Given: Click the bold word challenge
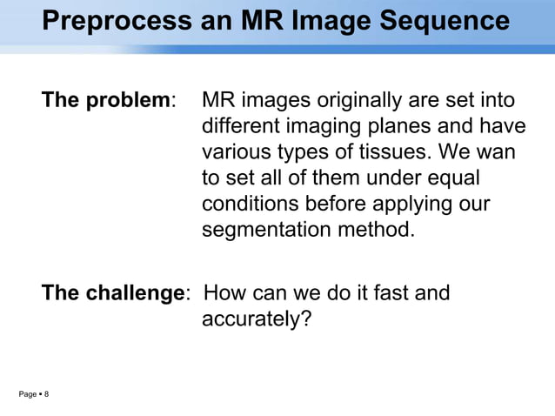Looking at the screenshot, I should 130,293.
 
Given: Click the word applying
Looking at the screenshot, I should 411,205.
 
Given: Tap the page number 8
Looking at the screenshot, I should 46,395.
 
